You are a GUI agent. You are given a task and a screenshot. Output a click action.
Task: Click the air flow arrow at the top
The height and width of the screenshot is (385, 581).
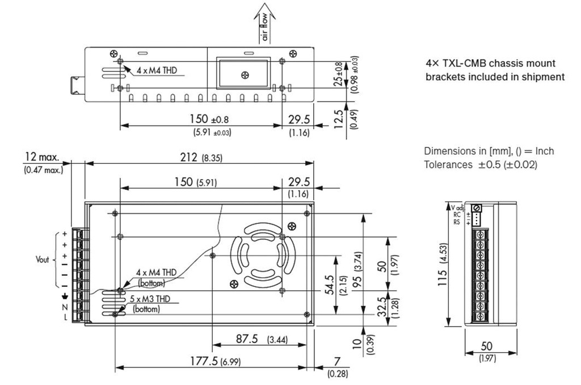tap(266, 23)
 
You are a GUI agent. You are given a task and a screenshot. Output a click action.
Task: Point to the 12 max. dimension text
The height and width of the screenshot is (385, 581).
tap(43, 157)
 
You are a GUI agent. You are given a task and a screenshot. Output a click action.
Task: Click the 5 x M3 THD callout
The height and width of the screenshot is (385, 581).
tap(154, 299)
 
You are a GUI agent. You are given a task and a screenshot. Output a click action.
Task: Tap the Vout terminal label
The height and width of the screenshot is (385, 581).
tap(43, 260)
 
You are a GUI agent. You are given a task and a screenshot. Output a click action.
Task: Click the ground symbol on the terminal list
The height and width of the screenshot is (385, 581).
tap(65, 297)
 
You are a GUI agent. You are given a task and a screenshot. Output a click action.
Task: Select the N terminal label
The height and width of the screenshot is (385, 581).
tap(65, 307)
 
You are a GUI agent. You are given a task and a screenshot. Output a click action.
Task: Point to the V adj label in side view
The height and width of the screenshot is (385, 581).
tap(457, 206)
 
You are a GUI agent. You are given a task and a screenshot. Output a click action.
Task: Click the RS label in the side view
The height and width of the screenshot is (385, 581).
tap(456, 222)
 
